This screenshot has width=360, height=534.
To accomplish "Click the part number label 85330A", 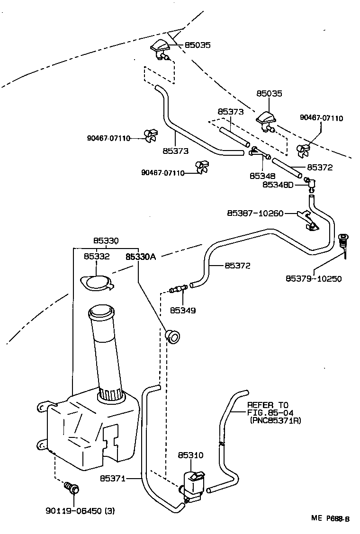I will coord(140,257).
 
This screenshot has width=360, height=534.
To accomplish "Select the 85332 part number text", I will coord(97,257).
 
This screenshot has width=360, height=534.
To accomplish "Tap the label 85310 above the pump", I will coord(190,455).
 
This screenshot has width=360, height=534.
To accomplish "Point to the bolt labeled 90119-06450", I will coord(72,488).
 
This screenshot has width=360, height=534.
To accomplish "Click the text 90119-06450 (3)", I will coord(80,511).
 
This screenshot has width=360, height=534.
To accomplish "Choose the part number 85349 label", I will coord(182,311).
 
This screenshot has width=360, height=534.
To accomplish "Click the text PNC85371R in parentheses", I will coord(275,420).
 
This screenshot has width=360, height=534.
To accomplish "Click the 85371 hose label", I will coord(112,479).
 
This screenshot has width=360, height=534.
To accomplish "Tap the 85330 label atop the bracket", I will coord(105,240).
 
